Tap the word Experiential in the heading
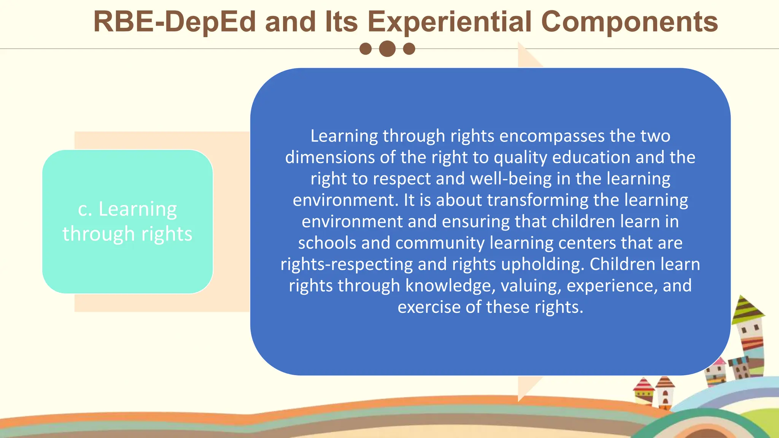coord(449,22)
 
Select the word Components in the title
coord(629,22)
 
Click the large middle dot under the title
coord(387,49)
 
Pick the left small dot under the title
coord(366,49)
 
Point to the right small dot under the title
coord(409,49)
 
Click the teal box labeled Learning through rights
coord(127,222)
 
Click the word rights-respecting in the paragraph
coord(347,264)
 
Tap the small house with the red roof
coord(644,392)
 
